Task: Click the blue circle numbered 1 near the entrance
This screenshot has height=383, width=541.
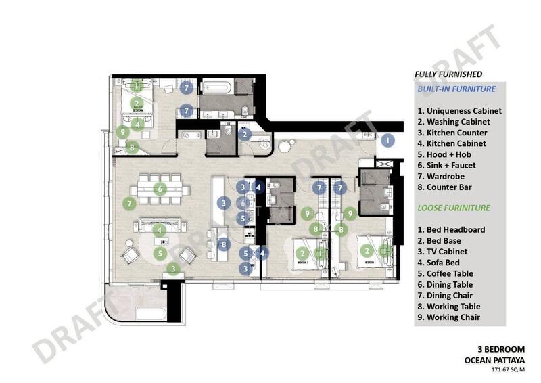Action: pos(388,141)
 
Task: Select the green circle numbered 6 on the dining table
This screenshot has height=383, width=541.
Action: pos(160,189)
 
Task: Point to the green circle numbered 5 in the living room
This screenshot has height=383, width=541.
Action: pos(160,254)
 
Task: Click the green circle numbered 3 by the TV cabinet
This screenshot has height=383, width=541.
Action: pos(174,269)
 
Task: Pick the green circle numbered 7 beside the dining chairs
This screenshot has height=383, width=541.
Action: pos(128,202)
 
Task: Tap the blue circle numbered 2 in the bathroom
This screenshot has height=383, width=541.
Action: pos(245,134)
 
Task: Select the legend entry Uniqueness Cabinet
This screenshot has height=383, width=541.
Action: pos(459,110)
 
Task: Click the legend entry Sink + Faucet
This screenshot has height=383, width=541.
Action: pos(446,165)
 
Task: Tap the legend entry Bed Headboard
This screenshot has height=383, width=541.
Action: pos(451,229)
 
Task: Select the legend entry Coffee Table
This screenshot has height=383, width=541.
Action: pos(448,273)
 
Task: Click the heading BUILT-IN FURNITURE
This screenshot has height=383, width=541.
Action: pos(456,89)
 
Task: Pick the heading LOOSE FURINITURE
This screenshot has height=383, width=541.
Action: pos(454,208)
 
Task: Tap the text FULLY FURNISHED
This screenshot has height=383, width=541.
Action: pos(448,74)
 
